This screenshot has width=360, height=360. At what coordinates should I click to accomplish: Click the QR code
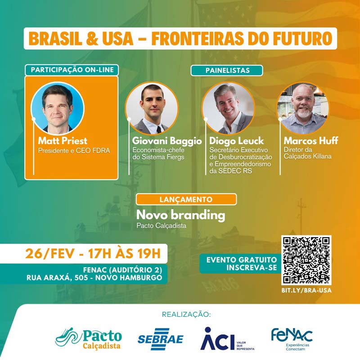click(306, 260)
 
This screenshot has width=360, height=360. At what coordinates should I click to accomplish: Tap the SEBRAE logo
click(160, 339)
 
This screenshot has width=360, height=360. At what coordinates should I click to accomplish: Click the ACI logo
click(227, 339)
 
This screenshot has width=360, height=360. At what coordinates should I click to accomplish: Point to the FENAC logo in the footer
click(292, 339)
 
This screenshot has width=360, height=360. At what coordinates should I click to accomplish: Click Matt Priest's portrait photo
click(58, 108)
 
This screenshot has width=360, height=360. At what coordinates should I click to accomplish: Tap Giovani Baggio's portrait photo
click(152, 108)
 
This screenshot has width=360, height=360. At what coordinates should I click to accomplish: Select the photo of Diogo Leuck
click(228, 108)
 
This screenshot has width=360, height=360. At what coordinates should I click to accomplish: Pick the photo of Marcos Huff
click(303, 108)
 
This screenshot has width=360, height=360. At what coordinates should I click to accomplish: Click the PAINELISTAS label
click(227, 70)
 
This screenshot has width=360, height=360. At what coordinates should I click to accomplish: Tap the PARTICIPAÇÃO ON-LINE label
click(72, 70)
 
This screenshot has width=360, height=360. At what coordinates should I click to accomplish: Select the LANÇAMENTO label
click(186, 199)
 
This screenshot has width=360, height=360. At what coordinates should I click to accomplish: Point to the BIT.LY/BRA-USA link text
click(306, 290)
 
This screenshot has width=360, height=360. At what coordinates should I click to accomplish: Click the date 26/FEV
click(50, 254)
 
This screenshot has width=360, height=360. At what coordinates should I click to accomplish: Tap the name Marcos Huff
click(311, 140)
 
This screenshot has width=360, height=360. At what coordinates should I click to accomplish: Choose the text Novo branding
click(181, 215)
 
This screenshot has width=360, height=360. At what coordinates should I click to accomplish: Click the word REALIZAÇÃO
click(186, 314)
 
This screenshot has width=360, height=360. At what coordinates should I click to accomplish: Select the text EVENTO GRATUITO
click(242, 260)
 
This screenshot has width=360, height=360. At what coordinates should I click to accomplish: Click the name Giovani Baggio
click(167, 141)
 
